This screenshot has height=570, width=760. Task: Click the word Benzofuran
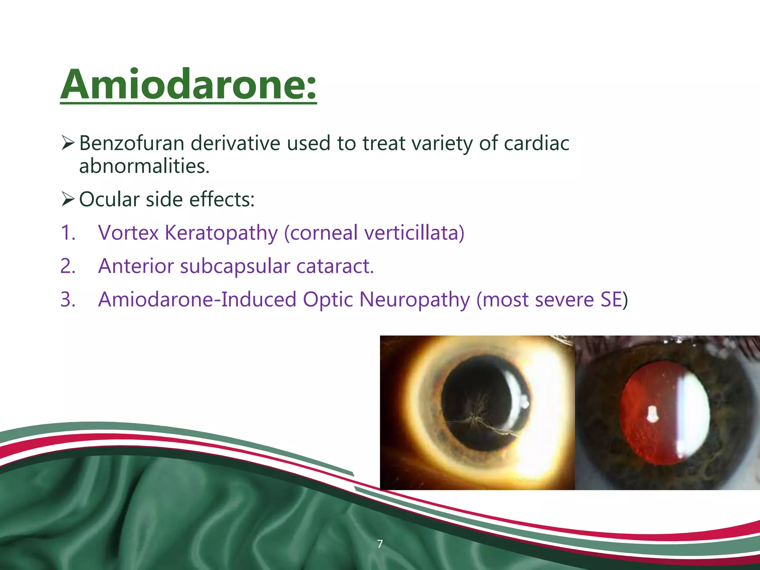click(x=132, y=143)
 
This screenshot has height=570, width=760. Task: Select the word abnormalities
click(x=144, y=166)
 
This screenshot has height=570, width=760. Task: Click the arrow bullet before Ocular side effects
click(x=68, y=199)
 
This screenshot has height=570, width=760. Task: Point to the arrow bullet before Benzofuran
click(x=68, y=143)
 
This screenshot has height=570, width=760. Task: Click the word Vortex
click(x=128, y=233)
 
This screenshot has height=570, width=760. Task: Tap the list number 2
click(x=68, y=266)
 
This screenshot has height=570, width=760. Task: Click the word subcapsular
click(x=235, y=266)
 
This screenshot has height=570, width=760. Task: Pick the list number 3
click(x=68, y=299)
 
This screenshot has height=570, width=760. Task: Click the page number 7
click(x=380, y=544)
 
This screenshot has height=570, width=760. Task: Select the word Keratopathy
click(x=221, y=233)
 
